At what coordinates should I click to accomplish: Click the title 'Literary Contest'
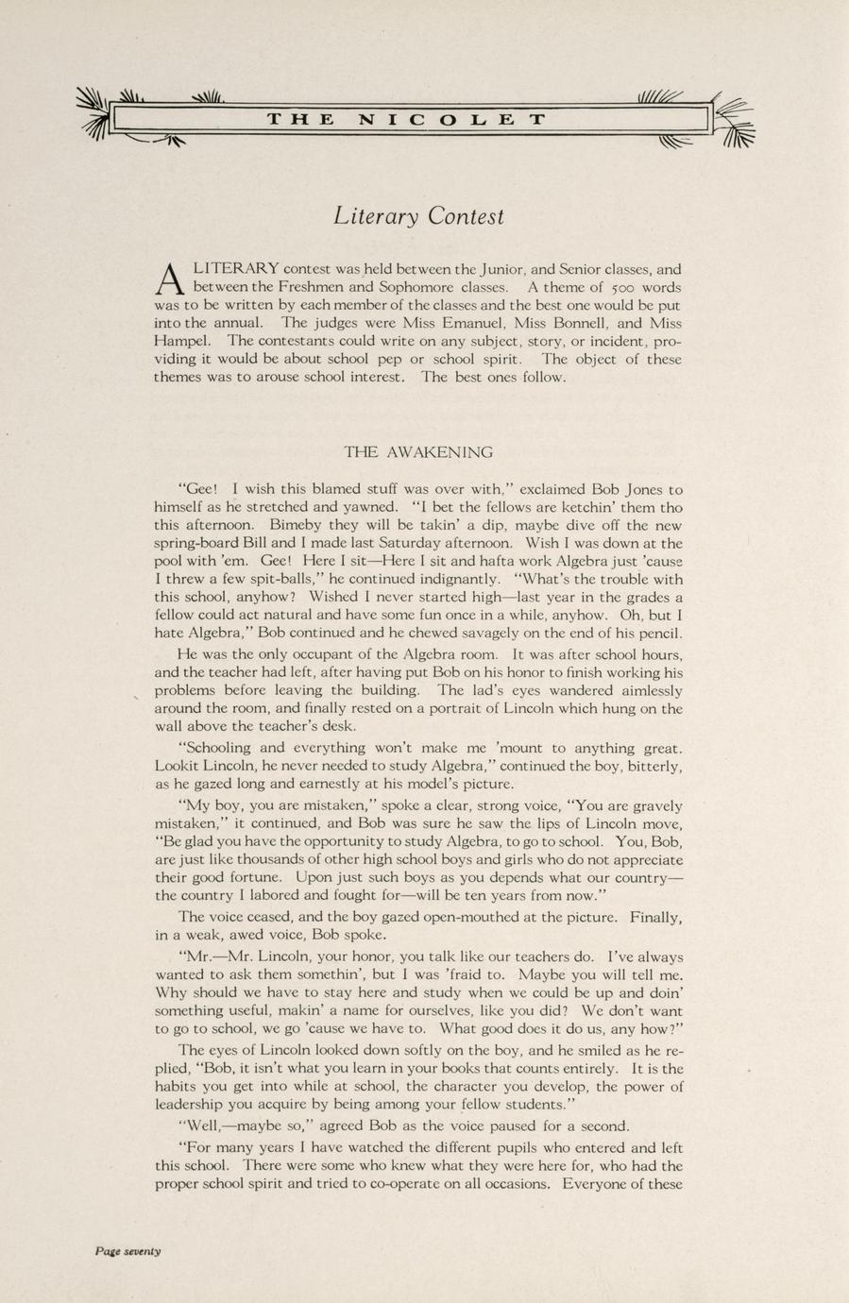418,216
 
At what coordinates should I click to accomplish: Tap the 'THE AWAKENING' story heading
418,452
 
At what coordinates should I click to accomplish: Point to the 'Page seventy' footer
127,1251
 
